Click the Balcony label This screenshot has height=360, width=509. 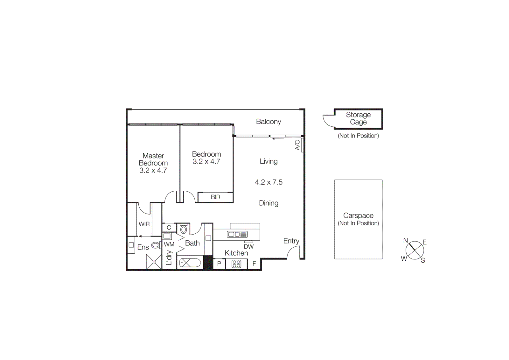(268, 122)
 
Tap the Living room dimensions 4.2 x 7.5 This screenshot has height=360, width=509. (268, 182)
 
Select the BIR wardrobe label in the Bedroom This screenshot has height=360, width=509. (215, 197)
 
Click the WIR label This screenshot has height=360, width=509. (144, 224)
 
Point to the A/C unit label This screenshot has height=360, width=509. (297, 145)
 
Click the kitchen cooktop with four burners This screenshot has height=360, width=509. (236, 264)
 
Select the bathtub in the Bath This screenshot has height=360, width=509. (190, 263)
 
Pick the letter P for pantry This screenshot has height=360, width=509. (219, 264)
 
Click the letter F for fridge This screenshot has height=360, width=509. (254, 264)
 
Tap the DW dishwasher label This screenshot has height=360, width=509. (249, 247)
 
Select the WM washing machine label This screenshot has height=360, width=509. (169, 244)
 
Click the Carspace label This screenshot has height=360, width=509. (358, 215)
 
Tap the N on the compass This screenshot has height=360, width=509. (406, 241)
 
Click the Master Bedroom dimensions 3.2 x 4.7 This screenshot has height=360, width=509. (153, 171)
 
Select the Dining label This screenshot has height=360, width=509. (268, 203)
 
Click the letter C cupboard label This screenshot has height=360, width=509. (169, 228)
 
